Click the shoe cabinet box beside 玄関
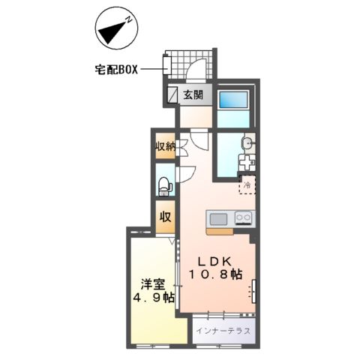pos(172,94)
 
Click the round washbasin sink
pos(247,142)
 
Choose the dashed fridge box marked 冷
pos(247,184)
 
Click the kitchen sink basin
pos(219,219)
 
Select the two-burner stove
pos(244,219)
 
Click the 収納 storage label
pos(165,146)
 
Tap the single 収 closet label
pos(165,218)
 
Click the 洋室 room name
pos(153,283)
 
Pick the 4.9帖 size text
pos(153,298)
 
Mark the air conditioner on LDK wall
pos(254,289)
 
